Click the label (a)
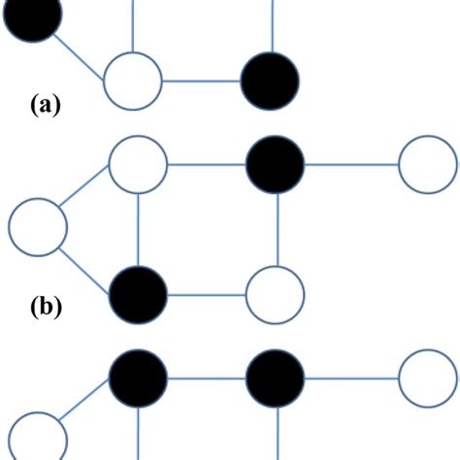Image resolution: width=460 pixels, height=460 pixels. (x=44, y=103)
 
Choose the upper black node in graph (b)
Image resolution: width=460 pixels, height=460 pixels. (x=276, y=165)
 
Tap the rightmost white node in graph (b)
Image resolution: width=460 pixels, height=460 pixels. (x=427, y=165)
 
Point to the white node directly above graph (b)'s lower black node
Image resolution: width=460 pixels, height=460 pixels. (x=138, y=165)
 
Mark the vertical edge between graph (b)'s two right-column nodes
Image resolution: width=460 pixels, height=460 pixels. (x=278, y=229)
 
